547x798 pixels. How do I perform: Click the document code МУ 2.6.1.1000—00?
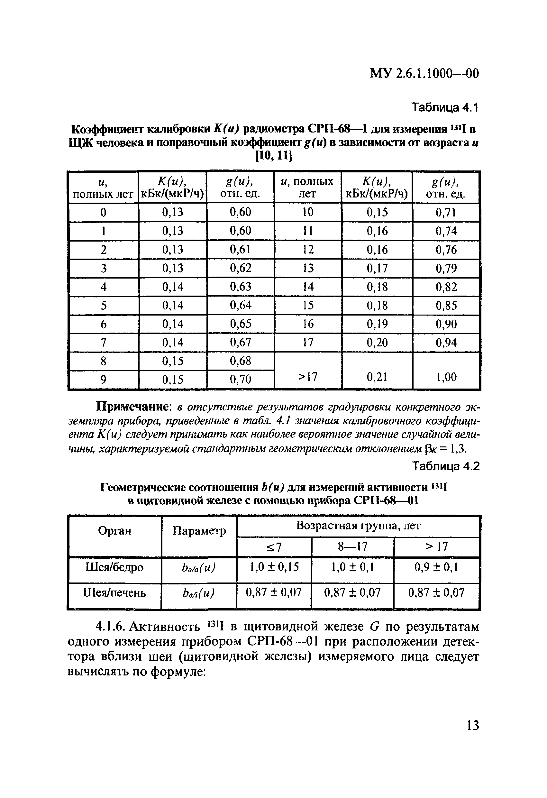click(x=424, y=73)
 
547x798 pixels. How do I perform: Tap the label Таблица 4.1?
click(x=445, y=108)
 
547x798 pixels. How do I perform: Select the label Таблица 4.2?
click(x=445, y=466)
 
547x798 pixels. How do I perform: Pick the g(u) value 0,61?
click(x=240, y=249)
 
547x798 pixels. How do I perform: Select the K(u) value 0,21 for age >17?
click(x=377, y=377)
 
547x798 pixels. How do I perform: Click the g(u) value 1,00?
click(x=446, y=377)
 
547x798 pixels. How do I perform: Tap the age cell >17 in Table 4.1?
click(x=308, y=377)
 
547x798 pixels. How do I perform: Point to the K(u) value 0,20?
click(x=377, y=342)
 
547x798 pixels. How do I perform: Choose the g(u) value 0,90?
click(x=446, y=324)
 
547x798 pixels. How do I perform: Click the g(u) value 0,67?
click(x=240, y=342)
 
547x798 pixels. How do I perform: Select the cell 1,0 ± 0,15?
click(x=274, y=567)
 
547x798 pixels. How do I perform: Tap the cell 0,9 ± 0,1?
click(x=436, y=567)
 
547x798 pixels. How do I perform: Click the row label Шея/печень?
click(x=114, y=593)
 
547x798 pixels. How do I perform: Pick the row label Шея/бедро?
click(x=114, y=567)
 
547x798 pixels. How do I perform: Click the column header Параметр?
click(x=199, y=531)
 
